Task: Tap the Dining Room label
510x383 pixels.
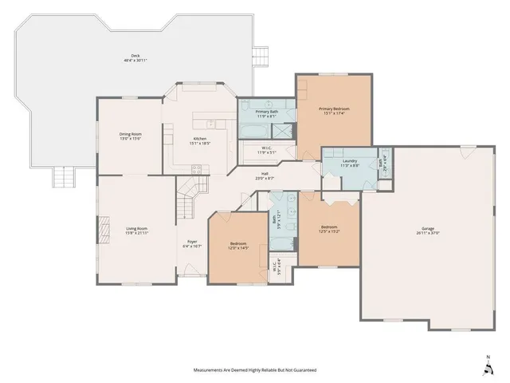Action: click(131, 136)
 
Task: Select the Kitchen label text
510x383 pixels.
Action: click(200, 141)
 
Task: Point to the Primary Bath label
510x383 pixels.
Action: click(265, 114)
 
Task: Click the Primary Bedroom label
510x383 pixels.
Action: click(334, 110)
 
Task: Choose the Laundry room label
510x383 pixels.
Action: click(349, 163)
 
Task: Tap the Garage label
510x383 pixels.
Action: click(429, 230)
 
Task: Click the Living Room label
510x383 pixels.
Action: click(136, 231)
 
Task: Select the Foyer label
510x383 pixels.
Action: click(192, 244)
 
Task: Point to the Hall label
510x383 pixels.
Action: click(265, 176)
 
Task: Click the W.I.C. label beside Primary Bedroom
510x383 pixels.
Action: click(268, 149)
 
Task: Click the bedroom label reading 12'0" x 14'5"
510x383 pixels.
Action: click(238, 245)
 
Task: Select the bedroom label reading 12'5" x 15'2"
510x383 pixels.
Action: click(329, 229)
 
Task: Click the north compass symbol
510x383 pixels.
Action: click(488, 366)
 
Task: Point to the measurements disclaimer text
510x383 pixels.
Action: click(254, 370)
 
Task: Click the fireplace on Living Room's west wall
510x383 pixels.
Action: click(102, 231)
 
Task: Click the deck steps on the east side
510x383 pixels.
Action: click(258, 56)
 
